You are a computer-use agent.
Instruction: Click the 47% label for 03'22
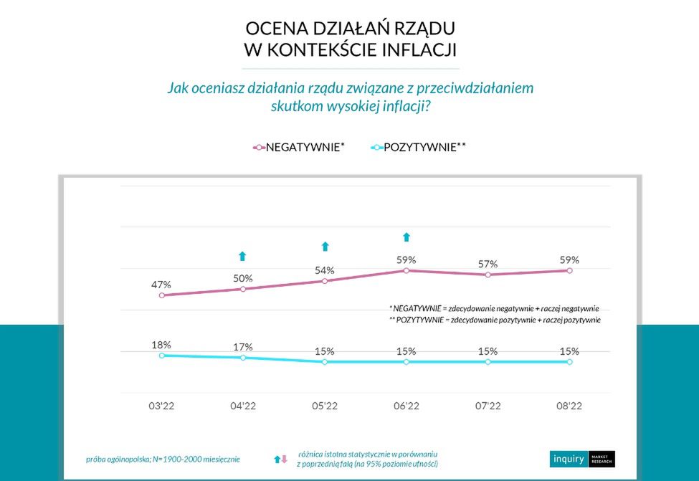coord(161,285)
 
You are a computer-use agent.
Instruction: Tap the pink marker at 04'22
coord(243,289)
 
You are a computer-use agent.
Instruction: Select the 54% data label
coord(325,270)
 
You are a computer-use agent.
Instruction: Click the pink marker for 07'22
coord(488,275)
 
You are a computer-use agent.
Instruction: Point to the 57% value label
coord(488,265)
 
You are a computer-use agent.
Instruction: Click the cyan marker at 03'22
coord(161,355)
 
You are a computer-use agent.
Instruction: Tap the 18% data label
coord(161,345)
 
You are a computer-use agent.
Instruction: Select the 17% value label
coord(243,347)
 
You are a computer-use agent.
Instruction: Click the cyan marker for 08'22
coord(570,362)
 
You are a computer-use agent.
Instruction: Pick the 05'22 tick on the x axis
coord(325,406)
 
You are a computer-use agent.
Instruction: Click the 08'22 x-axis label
coord(569,406)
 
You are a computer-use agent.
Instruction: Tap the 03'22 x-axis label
coord(161,406)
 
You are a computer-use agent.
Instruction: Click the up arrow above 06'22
coord(406,237)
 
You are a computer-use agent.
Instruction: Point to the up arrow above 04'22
coord(242,256)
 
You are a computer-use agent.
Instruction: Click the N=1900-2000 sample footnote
coord(163,459)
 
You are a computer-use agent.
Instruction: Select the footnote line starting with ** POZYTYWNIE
coord(495,320)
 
